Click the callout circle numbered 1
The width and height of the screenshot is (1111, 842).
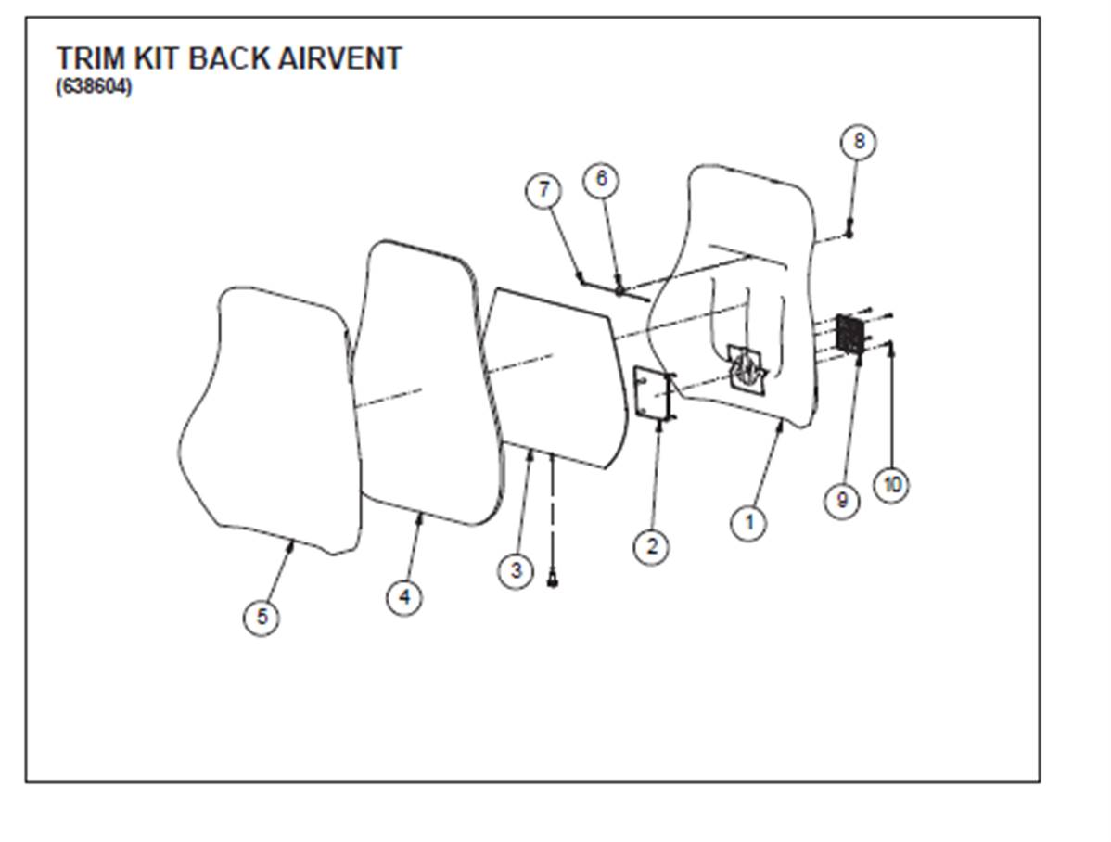coord(748,523)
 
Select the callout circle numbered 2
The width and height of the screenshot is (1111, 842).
coord(652,546)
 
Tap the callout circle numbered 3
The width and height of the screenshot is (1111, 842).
coord(517,569)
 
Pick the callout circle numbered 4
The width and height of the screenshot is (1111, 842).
coord(404,596)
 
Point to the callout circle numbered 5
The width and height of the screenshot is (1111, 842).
coord(262,617)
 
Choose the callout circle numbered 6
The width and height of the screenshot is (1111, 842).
coord(601,178)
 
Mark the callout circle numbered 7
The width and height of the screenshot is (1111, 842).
coord(543,191)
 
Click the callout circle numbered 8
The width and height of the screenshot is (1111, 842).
coord(859,141)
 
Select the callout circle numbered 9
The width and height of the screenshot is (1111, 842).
coord(842,501)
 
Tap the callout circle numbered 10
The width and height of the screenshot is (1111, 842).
coord(891,484)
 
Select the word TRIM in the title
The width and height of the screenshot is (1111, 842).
coord(89,58)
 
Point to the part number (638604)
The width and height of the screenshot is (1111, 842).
coord(94,88)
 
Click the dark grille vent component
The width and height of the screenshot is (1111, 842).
coord(849,334)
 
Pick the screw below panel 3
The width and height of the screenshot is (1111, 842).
coord(554,581)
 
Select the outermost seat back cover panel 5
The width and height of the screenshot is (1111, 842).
coord(269,417)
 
